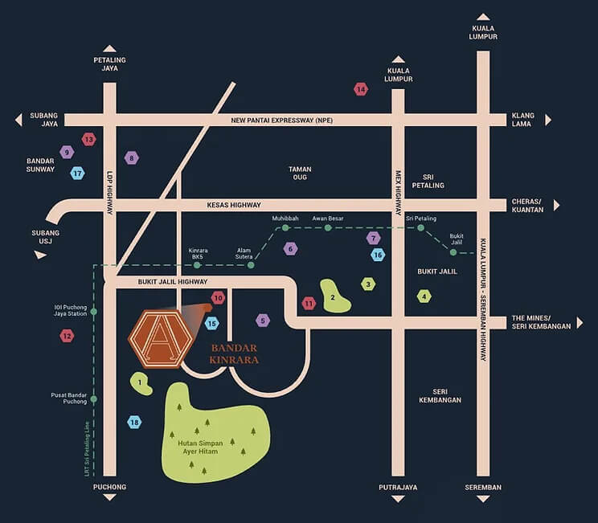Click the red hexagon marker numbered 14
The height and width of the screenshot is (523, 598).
click(x=361, y=90)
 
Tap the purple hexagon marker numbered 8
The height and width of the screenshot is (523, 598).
click(x=132, y=157)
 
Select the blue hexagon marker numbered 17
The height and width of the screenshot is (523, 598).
click(x=77, y=174)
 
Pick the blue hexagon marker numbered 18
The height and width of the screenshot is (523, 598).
click(x=134, y=422)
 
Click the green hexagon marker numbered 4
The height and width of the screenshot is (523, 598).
click(x=424, y=296)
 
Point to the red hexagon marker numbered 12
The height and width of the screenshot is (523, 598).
click(x=67, y=336)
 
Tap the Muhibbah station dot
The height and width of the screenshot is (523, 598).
click(x=285, y=228)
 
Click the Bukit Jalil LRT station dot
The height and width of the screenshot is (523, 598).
click(x=453, y=252)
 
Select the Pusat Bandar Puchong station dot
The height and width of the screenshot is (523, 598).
click(x=94, y=399)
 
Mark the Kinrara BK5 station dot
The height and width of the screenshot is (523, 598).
click(x=197, y=265)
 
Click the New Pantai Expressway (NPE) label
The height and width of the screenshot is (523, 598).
click(x=282, y=121)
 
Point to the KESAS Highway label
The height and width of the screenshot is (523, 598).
click(x=234, y=205)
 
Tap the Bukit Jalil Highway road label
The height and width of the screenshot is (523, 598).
click(x=173, y=282)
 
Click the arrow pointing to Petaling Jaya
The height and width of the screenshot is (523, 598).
click(x=109, y=48)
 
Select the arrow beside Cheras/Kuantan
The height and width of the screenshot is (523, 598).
click(x=556, y=206)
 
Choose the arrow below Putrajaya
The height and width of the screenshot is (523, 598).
click(x=398, y=499)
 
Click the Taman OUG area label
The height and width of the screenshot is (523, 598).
click(x=300, y=173)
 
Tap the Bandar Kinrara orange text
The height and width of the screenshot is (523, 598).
click(x=234, y=353)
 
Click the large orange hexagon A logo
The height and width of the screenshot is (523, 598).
click(x=161, y=339)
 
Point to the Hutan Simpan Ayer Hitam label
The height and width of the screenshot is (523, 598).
click(x=200, y=447)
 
